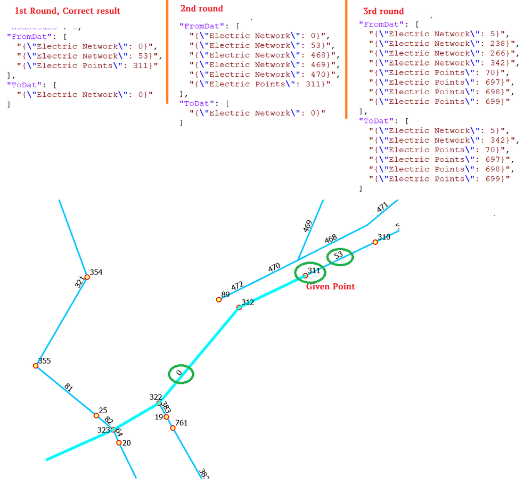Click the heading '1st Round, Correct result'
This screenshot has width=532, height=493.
tap(67, 11)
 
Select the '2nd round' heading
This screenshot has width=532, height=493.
tap(202, 9)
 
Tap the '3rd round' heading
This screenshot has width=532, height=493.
tap(383, 11)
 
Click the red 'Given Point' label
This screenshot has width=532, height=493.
tap(330, 286)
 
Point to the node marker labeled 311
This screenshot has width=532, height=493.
tap(305, 276)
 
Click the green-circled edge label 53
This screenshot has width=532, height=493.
tap(339, 256)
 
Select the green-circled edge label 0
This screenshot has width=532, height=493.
tap(181, 374)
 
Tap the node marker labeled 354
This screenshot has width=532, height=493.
tap(87, 277)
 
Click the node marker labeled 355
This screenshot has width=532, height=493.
tap(36, 366)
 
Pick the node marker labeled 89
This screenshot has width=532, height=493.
tap(219, 300)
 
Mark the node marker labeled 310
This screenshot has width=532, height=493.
tap(375, 242)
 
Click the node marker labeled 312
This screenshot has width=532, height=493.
tap(239, 307)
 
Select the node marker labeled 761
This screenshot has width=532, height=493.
tap(173, 428)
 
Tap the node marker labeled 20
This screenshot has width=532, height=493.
tap(119, 442)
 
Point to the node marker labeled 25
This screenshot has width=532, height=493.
tap(96, 415)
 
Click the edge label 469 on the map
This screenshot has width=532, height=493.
tap(307, 227)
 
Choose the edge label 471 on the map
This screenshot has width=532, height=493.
tap(382, 208)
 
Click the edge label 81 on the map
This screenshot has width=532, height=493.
tap(68, 388)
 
